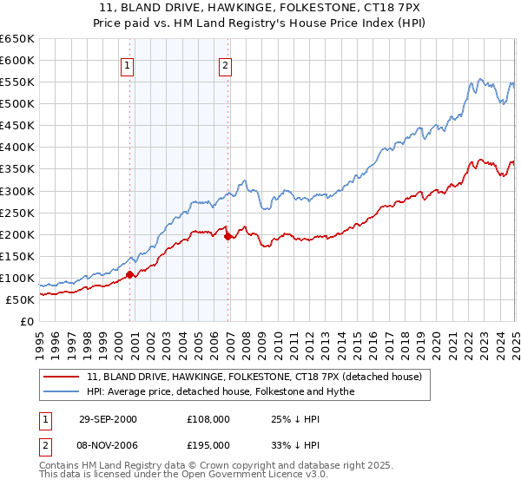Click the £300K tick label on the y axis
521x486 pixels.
(x=17, y=191)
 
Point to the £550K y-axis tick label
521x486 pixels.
(x=17, y=82)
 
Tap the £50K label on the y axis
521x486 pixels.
(x=20, y=299)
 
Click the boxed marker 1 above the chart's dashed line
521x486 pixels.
(x=128, y=64)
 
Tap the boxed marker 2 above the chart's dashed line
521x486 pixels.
(x=226, y=64)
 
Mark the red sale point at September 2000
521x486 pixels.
(x=130, y=274)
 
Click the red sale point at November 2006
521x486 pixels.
(x=228, y=236)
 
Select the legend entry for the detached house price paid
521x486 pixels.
(x=254, y=377)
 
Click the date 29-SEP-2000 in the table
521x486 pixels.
(x=108, y=419)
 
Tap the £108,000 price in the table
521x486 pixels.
(x=208, y=419)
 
